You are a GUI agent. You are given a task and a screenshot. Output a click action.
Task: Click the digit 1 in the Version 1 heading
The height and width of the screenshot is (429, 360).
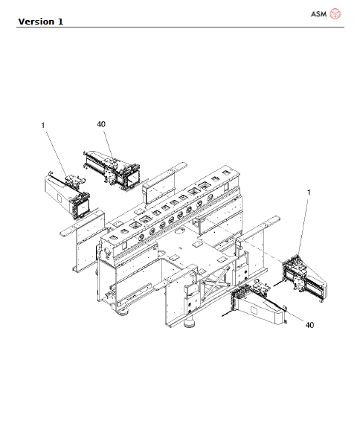tap(60, 21)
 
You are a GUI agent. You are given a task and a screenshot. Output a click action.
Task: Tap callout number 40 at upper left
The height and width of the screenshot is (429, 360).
tap(101, 123)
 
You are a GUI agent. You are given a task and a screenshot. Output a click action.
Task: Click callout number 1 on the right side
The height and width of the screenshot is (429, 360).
tap(309, 193)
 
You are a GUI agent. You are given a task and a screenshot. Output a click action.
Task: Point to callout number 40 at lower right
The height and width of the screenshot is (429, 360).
tap(309, 325)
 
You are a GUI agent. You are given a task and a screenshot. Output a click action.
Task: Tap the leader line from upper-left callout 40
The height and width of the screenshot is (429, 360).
tap(106, 141)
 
